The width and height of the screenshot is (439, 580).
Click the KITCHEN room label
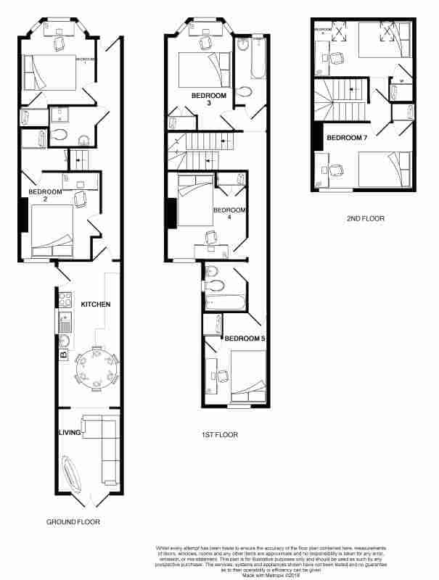coord(95,304)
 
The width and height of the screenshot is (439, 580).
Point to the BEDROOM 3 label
coord(209,99)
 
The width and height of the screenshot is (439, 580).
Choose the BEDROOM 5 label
coord(243,339)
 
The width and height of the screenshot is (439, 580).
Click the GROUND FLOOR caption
coord(73,522)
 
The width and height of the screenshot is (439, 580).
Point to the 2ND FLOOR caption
coord(366,218)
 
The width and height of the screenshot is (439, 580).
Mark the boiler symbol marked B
coord(63,355)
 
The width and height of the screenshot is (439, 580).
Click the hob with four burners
coord(63,298)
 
